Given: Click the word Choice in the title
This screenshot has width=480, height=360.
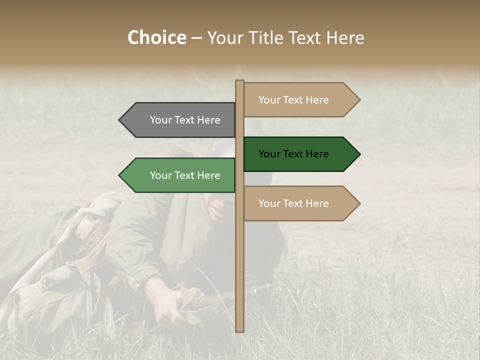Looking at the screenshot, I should point(156,38).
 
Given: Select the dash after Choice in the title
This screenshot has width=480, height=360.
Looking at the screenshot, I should point(196,38).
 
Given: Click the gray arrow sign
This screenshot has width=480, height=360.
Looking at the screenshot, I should point(180,120).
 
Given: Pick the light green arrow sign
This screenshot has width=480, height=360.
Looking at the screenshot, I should point(180,175).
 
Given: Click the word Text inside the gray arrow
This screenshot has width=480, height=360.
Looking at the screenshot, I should point(185,120).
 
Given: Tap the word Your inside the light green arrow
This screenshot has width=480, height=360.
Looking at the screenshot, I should point(160,175).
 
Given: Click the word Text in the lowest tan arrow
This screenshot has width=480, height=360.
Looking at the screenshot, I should point(293,203).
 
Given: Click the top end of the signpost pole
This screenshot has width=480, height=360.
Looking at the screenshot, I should point(239,81).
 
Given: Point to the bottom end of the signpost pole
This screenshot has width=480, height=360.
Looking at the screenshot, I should point(239,330).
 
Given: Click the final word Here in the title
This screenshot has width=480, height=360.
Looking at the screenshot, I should point(345,38).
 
